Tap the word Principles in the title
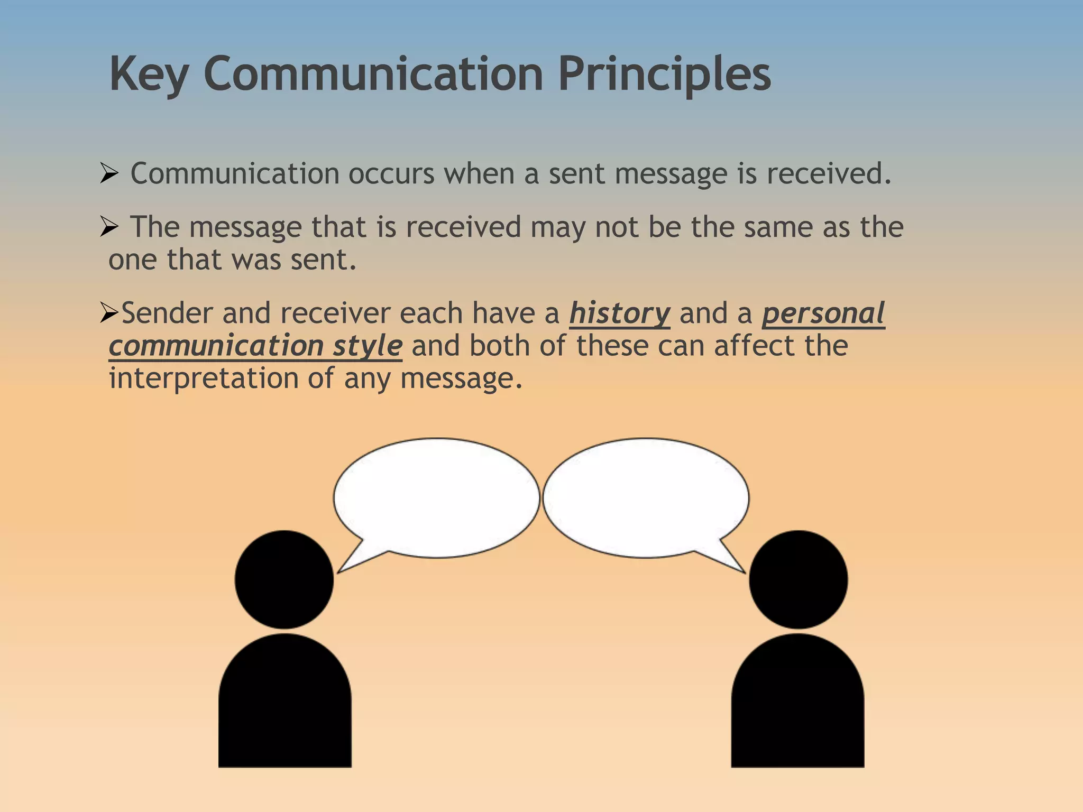click(664, 75)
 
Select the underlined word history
click(619, 313)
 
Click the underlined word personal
click(823, 313)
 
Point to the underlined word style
click(368, 346)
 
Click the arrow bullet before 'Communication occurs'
click(108, 173)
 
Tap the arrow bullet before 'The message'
click(108, 227)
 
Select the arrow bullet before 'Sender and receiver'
click(109, 313)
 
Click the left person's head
click(284, 579)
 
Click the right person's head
click(798, 579)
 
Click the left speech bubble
click(436, 497)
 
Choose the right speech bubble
click(646, 497)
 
